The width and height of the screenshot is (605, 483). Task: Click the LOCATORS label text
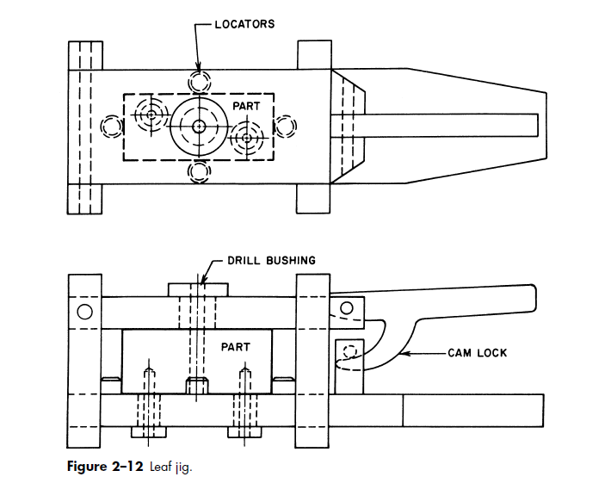244,24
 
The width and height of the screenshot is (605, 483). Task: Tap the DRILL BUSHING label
272,260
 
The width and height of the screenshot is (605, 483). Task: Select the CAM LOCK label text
478,353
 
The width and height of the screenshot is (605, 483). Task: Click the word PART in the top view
246,106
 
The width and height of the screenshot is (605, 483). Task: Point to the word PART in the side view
236,347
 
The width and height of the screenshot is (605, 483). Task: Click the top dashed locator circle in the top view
200,82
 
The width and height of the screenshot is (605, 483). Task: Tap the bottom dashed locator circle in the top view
200,170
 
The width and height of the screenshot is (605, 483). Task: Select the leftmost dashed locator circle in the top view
112,127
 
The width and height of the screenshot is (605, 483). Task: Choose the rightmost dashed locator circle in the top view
286,127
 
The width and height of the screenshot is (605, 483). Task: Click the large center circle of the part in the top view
199,126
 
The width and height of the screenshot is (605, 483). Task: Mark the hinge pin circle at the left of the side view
84,312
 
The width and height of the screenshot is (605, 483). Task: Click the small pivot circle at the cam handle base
347,307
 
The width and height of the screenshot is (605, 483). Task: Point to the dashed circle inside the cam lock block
349,353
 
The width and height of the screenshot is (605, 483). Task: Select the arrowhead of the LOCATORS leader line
199,69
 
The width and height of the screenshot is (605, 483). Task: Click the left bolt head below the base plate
149,432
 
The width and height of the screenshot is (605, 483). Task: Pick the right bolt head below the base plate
246,432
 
